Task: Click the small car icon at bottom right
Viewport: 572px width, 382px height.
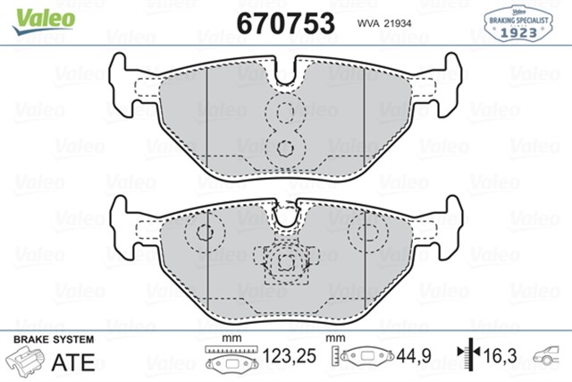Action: (x=550, y=357)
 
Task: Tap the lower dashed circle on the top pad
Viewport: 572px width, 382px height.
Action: (x=286, y=149)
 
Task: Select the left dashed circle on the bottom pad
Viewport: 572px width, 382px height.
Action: (x=203, y=233)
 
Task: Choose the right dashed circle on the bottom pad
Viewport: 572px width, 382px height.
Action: (x=368, y=233)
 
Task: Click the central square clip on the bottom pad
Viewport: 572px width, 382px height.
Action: (x=286, y=262)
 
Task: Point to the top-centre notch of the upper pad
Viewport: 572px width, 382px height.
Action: (x=286, y=71)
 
